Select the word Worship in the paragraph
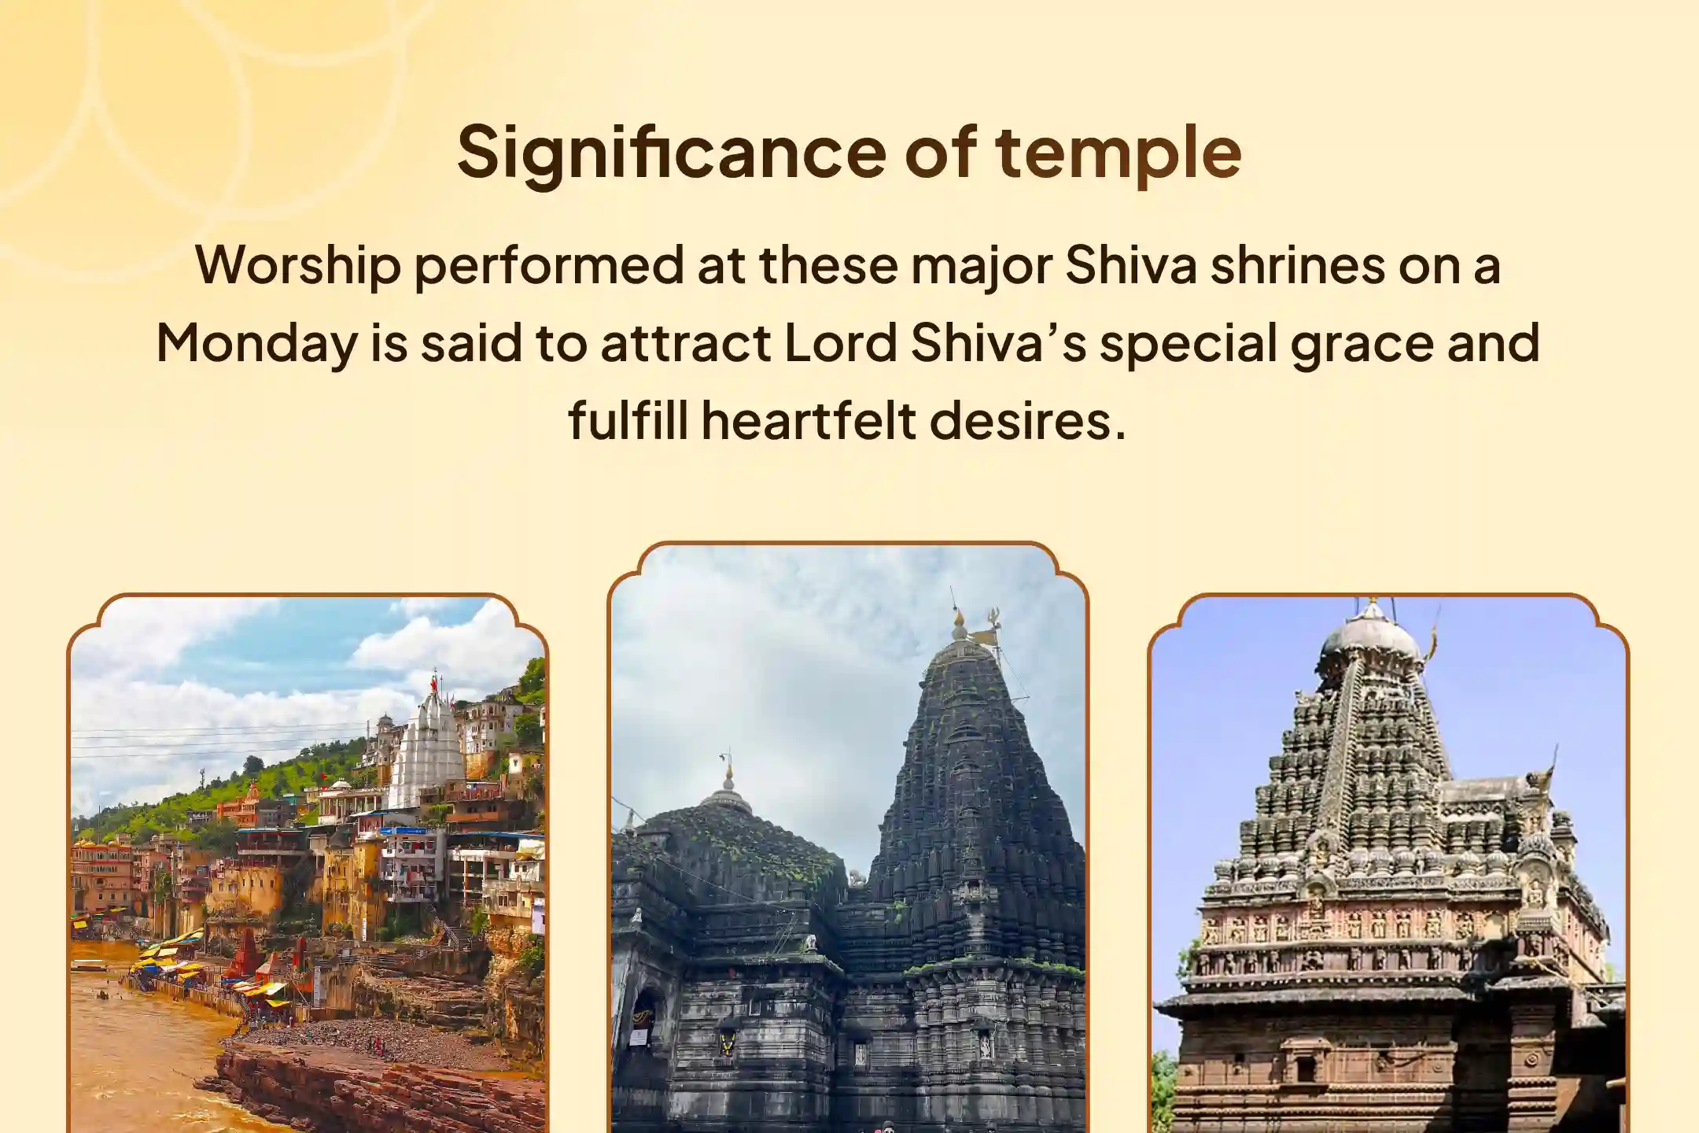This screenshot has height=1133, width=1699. click(298, 267)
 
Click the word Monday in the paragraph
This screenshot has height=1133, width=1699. click(257, 344)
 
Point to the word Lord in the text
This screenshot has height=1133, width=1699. click(841, 343)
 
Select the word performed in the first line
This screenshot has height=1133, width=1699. click(549, 267)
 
